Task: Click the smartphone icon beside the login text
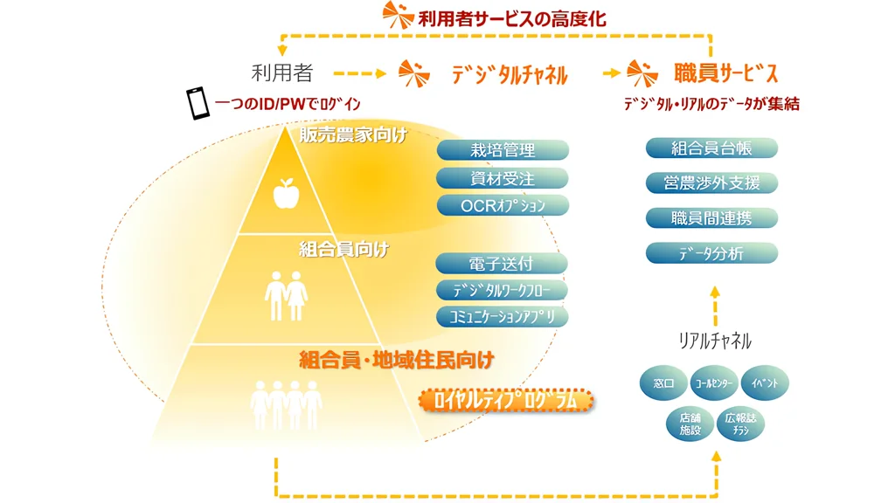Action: [x=198, y=103]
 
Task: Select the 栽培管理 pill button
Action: [x=503, y=149]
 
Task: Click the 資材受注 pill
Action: [x=503, y=178]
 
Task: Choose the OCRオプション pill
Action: [x=503, y=205]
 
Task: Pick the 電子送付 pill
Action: [x=501, y=264]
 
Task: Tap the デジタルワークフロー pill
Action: [x=502, y=290]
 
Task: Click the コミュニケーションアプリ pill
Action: [x=502, y=316]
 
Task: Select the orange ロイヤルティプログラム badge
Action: [x=506, y=400]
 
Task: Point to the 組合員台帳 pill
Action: [x=711, y=148]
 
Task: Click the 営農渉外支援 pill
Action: [x=711, y=183]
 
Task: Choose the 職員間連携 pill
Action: [x=711, y=217]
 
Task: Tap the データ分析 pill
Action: [x=711, y=253]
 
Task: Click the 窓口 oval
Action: [x=663, y=382]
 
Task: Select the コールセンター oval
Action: [x=714, y=382]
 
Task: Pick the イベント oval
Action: [x=765, y=382]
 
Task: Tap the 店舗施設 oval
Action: [x=690, y=424]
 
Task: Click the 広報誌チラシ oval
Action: [x=740, y=424]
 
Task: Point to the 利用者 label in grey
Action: [x=282, y=73]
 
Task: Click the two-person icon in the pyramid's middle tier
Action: [x=286, y=295]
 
